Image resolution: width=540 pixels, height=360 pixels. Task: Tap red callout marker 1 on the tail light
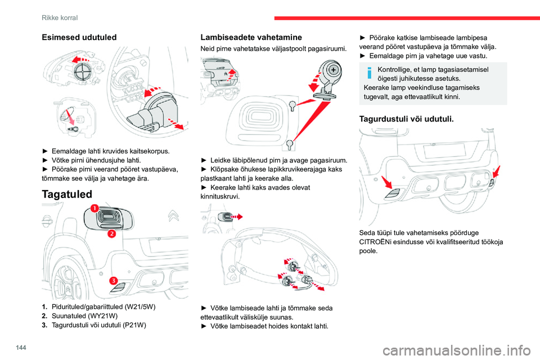coord(94,209)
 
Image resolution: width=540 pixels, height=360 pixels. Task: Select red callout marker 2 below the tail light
coord(111,233)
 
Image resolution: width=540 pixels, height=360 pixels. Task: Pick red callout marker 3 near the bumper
coord(112,281)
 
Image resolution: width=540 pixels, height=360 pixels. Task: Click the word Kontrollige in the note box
coord(399,69)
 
